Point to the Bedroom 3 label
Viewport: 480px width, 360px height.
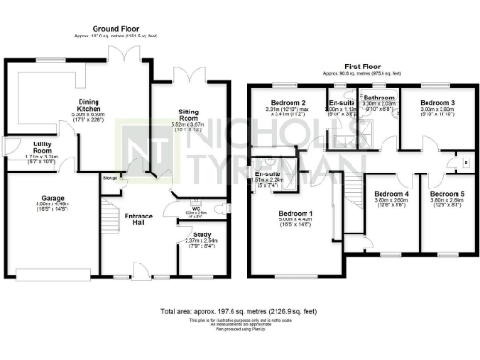pyautogui.click(x=437, y=101)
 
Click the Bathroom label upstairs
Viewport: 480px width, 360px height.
pyautogui.click(x=379, y=97)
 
